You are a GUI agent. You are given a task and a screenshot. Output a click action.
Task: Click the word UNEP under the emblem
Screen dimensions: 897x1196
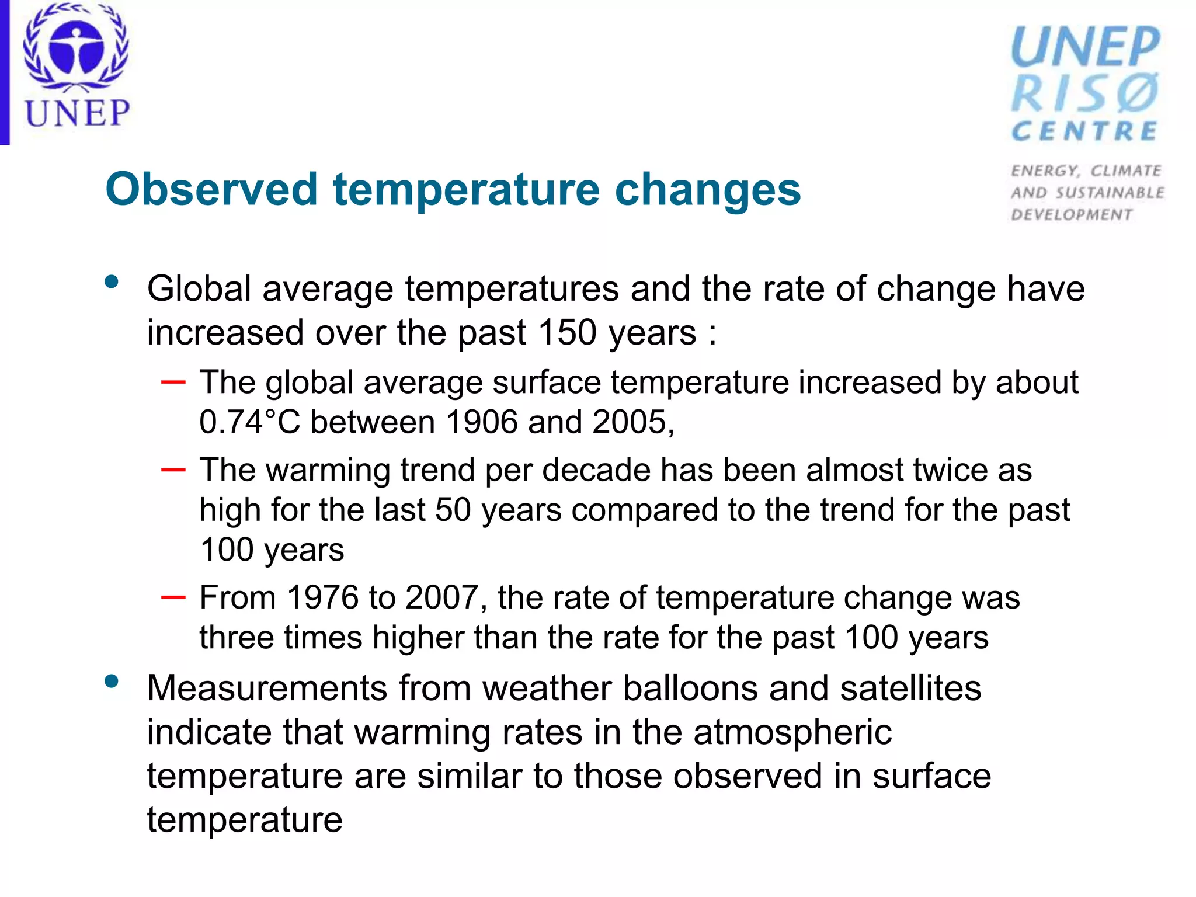pyautogui.click(x=77, y=113)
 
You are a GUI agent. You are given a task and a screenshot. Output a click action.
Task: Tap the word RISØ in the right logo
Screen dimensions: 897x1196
pyautogui.click(x=1085, y=93)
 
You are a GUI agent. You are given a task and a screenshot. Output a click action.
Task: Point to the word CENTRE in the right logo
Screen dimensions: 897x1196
pyautogui.click(x=1084, y=131)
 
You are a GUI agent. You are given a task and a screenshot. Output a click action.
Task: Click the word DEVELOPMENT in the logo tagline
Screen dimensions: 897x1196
pyautogui.click(x=1072, y=215)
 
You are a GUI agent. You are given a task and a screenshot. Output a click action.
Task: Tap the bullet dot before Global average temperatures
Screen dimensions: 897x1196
pyautogui.click(x=112, y=283)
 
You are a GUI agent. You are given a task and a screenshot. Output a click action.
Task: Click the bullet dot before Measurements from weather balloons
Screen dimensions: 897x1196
pyautogui.click(x=112, y=681)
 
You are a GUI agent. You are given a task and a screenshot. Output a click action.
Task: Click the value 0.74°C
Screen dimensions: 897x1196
pyautogui.click(x=249, y=422)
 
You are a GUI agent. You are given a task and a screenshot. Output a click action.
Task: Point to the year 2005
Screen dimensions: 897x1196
pyautogui.click(x=629, y=422)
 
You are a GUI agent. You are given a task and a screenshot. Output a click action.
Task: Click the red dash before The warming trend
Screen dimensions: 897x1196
pyautogui.click(x=173, y=470)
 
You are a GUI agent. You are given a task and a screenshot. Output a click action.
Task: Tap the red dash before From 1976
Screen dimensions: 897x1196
pyautogui.click(x=173, y=597)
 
